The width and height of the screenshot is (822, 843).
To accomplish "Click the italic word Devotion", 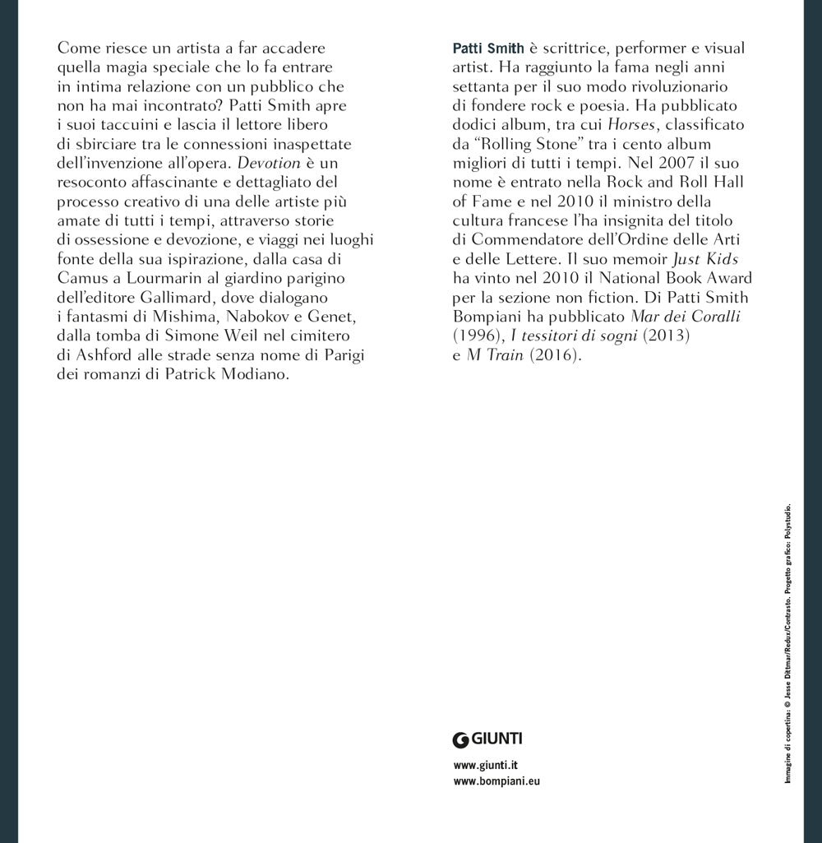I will pos(267,163).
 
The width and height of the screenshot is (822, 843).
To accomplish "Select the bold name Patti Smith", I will pos(488,49).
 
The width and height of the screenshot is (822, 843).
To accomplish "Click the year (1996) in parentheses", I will pos(476,336).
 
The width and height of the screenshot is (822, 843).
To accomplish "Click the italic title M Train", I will pos(495,355).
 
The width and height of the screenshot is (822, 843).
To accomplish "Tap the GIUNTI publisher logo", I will pos(488,738).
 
